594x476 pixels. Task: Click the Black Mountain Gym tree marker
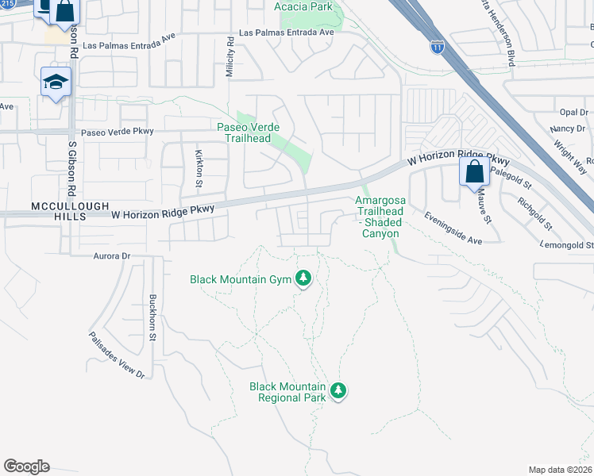(x=303, y=278)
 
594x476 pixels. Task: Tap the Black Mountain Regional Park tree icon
(x=339, y=390)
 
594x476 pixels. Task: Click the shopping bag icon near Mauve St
(x=474, y=172)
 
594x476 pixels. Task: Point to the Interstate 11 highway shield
(x=437, y=47)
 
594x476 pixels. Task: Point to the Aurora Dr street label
(x=110, y=256)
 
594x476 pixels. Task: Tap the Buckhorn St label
(x=152, y=317)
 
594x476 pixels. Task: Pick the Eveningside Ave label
(x=453, y=228)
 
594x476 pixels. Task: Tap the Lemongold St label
(x=567, y=246)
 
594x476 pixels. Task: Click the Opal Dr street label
(x=572, y=112)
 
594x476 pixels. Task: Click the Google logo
(x=26, y=466)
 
